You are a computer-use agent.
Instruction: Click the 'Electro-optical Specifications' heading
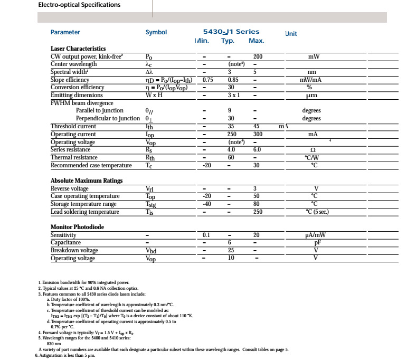[80, 5]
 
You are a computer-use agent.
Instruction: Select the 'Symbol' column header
[156, 32]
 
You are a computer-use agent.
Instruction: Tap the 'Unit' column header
[291, 34]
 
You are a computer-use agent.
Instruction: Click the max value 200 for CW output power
[258, 56]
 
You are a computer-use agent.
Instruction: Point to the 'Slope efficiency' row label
[70, 80]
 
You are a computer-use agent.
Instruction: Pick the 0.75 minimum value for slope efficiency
[207, 80]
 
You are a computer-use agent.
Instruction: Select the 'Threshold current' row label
[73, 127]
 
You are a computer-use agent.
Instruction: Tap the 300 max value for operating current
[258, 135]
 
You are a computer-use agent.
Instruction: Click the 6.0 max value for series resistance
[257, 150]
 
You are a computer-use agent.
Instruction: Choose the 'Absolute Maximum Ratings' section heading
[87, 181]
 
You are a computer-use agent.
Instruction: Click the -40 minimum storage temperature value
[207, 204]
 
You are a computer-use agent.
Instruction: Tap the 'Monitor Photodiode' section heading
[77, 227]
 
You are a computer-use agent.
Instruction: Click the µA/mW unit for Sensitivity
[316, 235]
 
